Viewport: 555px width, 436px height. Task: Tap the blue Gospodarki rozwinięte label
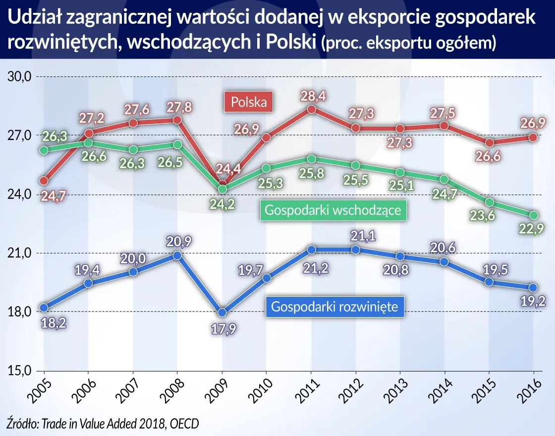click(335, 307)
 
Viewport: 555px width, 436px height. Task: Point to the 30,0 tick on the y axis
click(19, 77)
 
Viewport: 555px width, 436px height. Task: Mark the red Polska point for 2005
click(44, 180)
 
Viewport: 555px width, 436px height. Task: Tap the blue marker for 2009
click(222, 313)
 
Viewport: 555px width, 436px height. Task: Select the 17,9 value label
click(222, 329)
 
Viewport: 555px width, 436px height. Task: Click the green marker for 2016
click(534, 215)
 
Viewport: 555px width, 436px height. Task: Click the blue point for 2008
click(177, 255)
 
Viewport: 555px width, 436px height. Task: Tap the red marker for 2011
click(311, 109)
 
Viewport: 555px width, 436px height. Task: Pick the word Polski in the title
click(290, 42)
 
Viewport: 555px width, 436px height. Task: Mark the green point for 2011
click(311, 159)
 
